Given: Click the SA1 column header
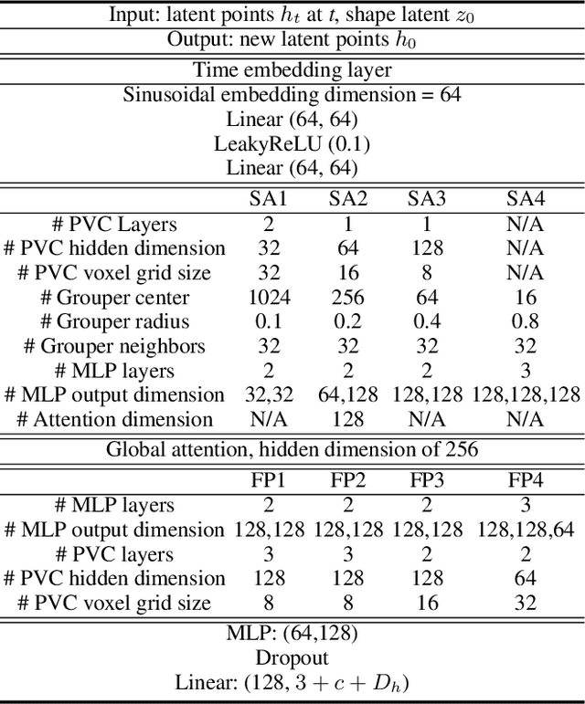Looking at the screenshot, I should point(268,199).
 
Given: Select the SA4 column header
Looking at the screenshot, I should point(526,199).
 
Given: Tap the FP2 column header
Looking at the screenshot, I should point(347,480).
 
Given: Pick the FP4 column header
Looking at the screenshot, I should point(526,480).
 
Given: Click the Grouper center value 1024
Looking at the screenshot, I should point(268,298).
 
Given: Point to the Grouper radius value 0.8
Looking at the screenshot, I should point(526,321).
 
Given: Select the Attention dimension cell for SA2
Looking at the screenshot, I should point(347,419).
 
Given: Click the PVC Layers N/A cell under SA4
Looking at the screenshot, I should point(526,224).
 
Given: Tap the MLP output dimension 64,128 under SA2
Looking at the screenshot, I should point(347,395).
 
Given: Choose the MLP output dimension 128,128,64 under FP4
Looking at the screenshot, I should point(526,530).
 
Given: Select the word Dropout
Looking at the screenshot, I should point(292,657).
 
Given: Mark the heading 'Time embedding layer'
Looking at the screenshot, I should point(292,69).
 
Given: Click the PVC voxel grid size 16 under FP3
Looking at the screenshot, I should point(426,603).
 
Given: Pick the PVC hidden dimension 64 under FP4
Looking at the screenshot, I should point(526,578).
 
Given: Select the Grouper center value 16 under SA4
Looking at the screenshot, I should point(526,298).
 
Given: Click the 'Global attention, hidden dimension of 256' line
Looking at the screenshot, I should point(292,449).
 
